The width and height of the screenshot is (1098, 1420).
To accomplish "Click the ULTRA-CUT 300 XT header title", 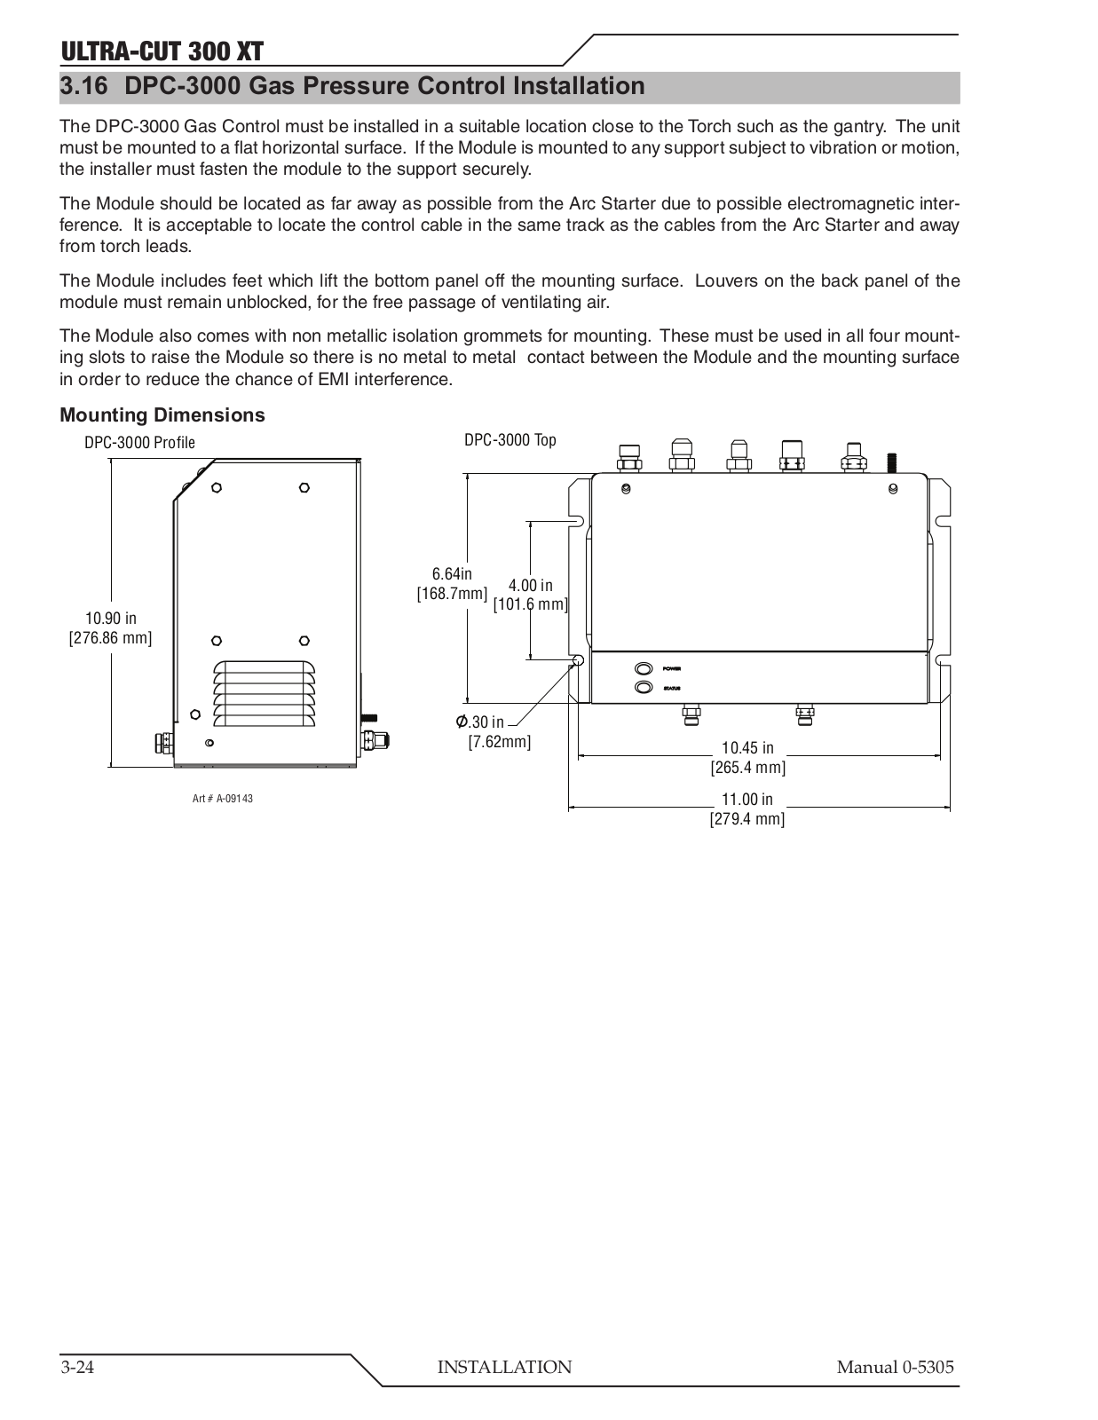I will (x=162, y=51).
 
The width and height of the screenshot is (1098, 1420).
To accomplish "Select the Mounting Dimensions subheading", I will (x=162, y=414).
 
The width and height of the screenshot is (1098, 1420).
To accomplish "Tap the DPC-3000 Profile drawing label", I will (x=139, y=442).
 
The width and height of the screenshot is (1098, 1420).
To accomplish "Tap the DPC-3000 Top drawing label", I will (x=510, y=440).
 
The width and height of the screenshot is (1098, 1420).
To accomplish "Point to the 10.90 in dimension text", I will (x=111, y=618).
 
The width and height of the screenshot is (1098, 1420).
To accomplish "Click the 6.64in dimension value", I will (x=453, y=573).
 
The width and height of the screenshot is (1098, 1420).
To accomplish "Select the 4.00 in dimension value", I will (x=530, y=585).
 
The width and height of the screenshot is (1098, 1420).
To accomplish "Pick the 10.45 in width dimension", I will (x=747, y=748).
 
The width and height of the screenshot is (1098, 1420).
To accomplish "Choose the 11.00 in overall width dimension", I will (x=747, y=799).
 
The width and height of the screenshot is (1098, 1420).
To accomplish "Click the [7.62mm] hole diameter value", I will (x=500, y=741).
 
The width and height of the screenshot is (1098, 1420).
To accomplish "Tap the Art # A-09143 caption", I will (x=223, y=799).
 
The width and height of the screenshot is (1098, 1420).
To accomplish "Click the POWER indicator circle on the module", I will (x=642, y=668).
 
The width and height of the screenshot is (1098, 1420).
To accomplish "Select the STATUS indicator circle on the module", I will (x=642, y=688).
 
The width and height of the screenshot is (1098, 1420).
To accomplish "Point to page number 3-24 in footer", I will (x=78, y=1367).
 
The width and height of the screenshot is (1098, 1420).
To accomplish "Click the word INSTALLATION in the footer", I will (x=504, y=1367).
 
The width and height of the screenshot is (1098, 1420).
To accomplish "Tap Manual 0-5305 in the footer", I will (x=895, y=1367).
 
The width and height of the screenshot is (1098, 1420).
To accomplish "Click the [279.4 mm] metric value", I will (x=747, y=818).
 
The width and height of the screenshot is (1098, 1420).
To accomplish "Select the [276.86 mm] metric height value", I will (x=111, y=637).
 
